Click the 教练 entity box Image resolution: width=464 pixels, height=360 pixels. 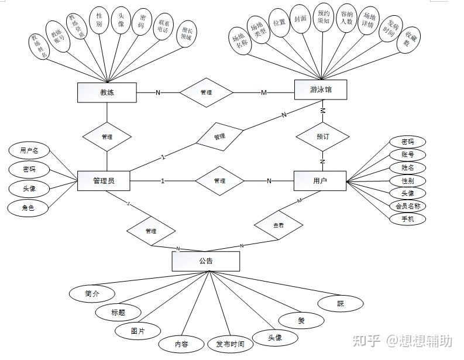tap(106, 92)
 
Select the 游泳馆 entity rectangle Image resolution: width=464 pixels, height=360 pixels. tap(320, 90)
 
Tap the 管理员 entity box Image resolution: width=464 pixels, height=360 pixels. tap(104, 180)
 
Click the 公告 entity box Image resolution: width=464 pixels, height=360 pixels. tap(206, 261)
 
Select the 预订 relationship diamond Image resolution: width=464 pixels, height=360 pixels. tap(322, 136)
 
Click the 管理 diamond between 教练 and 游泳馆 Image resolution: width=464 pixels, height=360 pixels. tap(206, 92)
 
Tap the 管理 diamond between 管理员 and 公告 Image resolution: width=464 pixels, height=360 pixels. tap(150, 231)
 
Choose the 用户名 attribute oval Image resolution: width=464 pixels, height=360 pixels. tap(29, 150)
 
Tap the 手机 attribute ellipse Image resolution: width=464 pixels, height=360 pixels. tap(408, 219)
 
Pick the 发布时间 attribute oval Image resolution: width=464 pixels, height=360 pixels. tap(230, 344)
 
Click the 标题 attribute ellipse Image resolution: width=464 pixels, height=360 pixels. tap(118, 312)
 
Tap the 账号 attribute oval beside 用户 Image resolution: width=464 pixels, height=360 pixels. tap(408, 155)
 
